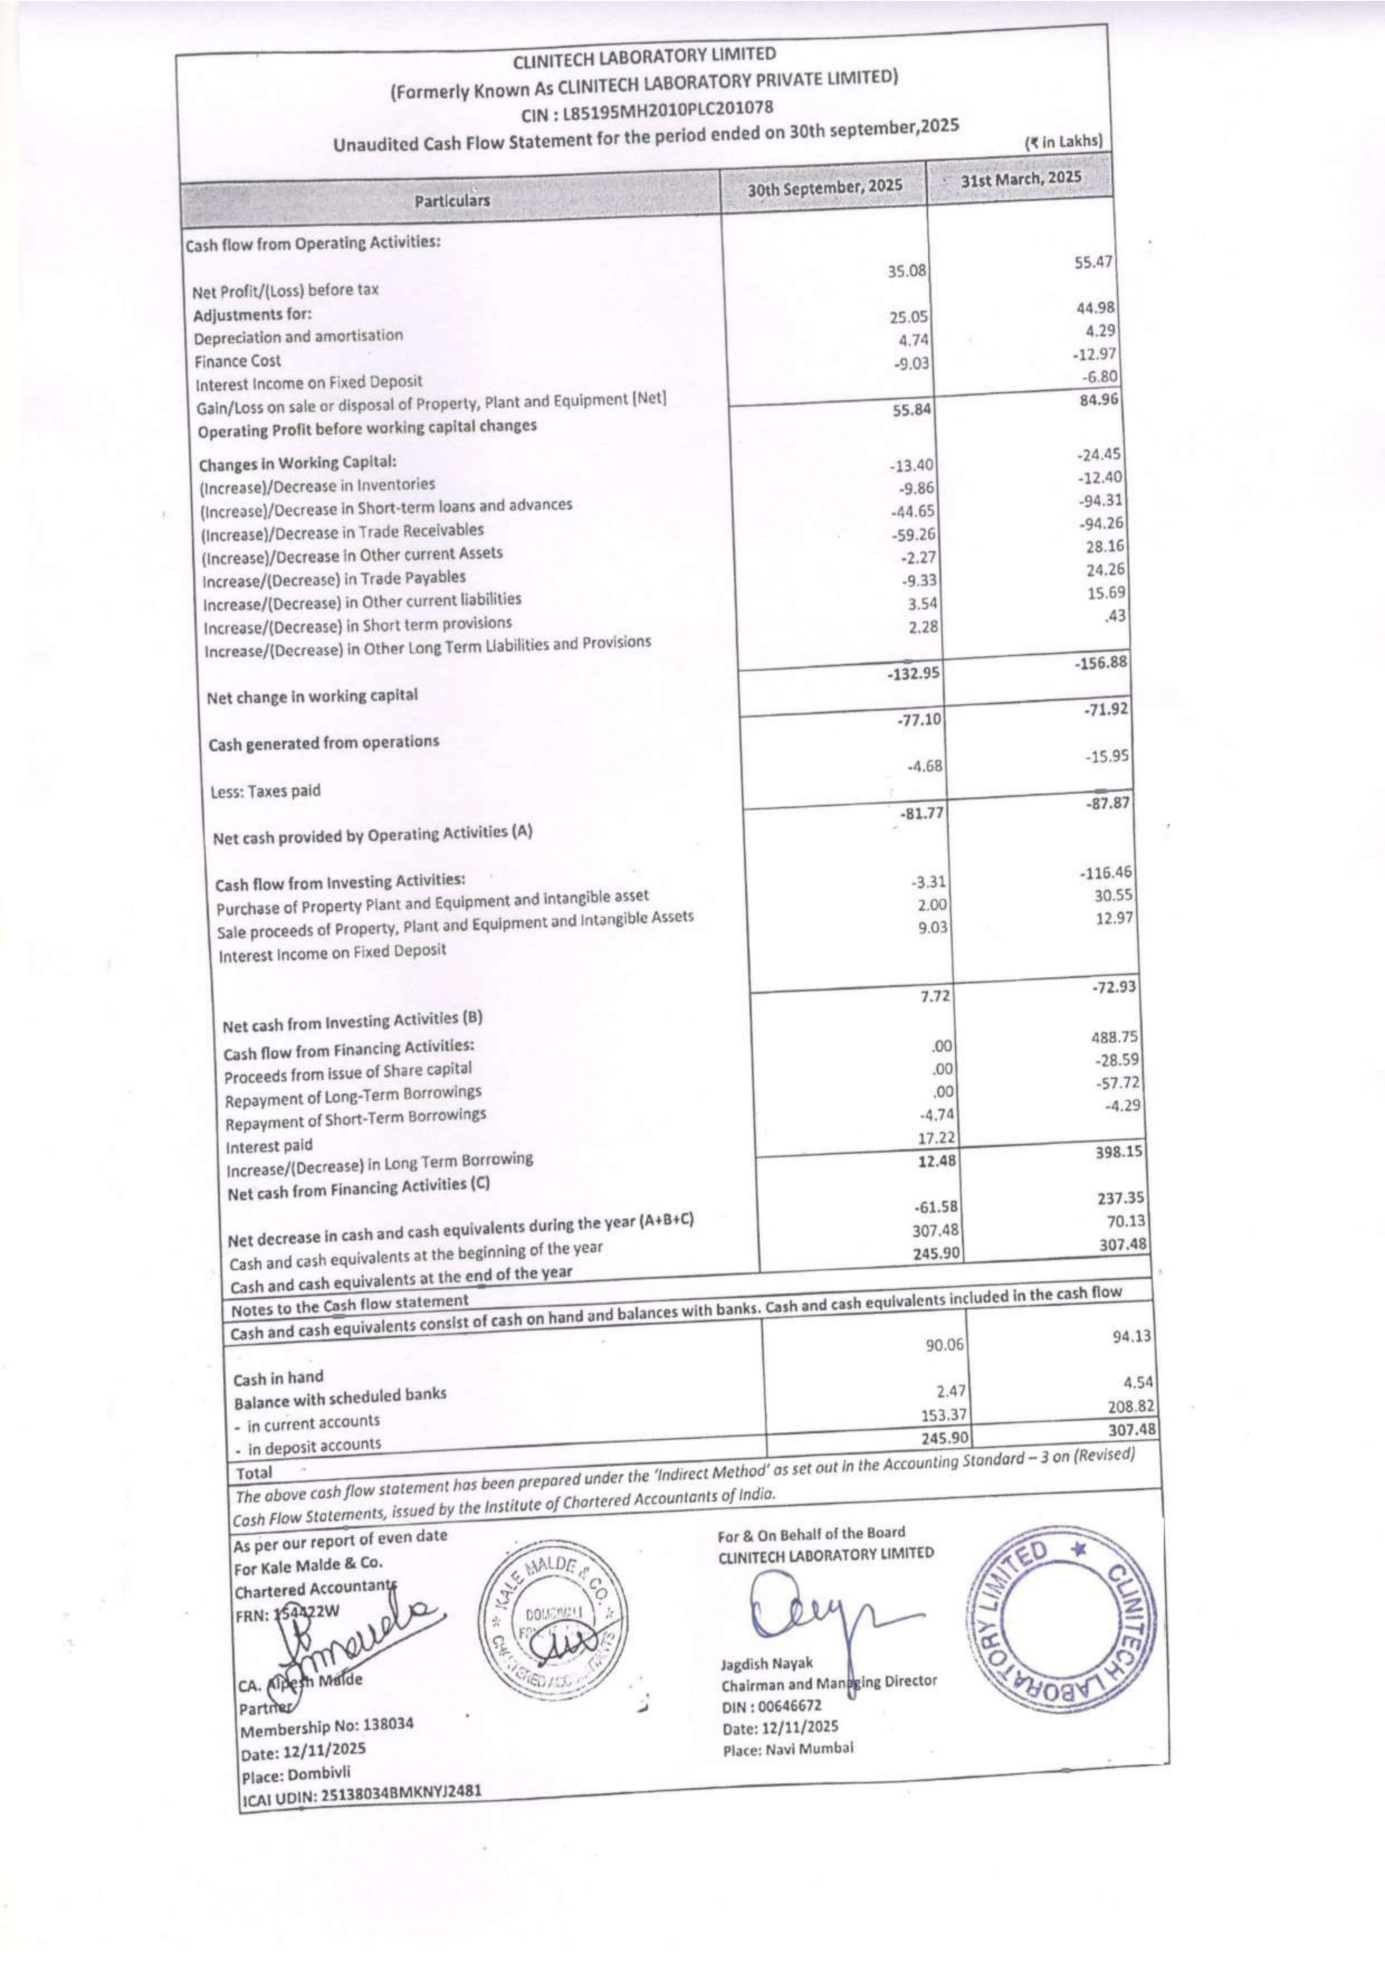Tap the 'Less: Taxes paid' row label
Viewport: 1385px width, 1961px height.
265,791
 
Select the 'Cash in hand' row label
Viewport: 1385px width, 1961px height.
278,1377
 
